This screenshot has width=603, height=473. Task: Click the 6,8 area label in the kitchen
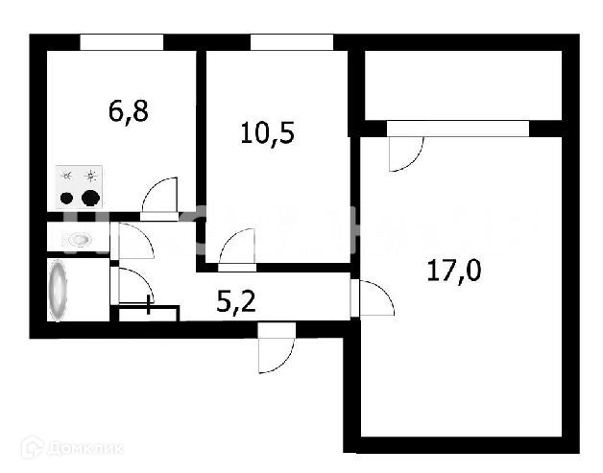coord(128,110)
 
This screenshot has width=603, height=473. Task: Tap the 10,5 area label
coord(266,130)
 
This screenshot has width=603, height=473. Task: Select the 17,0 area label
coord(452,270)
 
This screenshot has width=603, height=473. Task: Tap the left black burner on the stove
coord(67,200)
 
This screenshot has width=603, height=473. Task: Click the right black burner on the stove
coord(91,199)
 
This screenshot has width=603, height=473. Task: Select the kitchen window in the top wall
coord(121,42)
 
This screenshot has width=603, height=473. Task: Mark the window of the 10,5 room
coord(292,42)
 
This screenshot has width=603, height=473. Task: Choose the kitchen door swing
coord(159,198)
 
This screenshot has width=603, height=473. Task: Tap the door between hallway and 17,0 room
coord(375,300)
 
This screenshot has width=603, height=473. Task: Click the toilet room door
coord(133,241)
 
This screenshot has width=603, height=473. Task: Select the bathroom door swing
coord(132,285)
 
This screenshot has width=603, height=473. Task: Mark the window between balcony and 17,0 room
coord(457,129)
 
